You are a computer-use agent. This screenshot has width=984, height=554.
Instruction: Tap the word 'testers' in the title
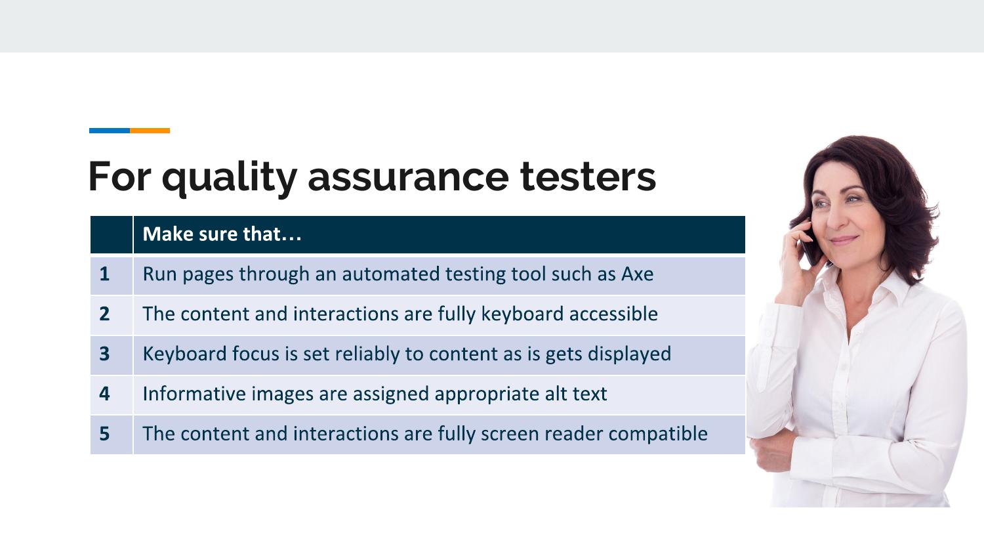coord(588,177)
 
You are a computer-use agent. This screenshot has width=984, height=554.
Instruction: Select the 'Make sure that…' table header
coord(222,234)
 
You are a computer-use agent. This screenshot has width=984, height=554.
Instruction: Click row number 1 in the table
coord(104,274)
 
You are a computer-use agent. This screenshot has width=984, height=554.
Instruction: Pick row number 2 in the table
coord(104,314)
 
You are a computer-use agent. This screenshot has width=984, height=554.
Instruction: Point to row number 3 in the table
coord(104,354)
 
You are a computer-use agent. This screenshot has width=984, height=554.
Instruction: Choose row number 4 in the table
coord(104,394)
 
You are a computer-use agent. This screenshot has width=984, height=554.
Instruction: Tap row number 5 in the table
coord(104,434)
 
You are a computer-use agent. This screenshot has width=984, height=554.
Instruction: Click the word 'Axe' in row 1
coord(638,274)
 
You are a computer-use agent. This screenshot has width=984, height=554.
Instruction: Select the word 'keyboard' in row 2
coord(522,314)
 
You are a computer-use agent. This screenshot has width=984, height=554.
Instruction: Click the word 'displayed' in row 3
coord(630,354)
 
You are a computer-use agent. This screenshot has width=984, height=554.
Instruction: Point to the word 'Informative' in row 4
coord(194,394)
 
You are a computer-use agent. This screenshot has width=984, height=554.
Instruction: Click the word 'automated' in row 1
coord(391,274)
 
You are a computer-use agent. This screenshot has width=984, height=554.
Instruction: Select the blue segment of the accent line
coord(110,131)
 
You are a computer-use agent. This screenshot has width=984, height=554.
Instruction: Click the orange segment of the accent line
coord(150,131)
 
